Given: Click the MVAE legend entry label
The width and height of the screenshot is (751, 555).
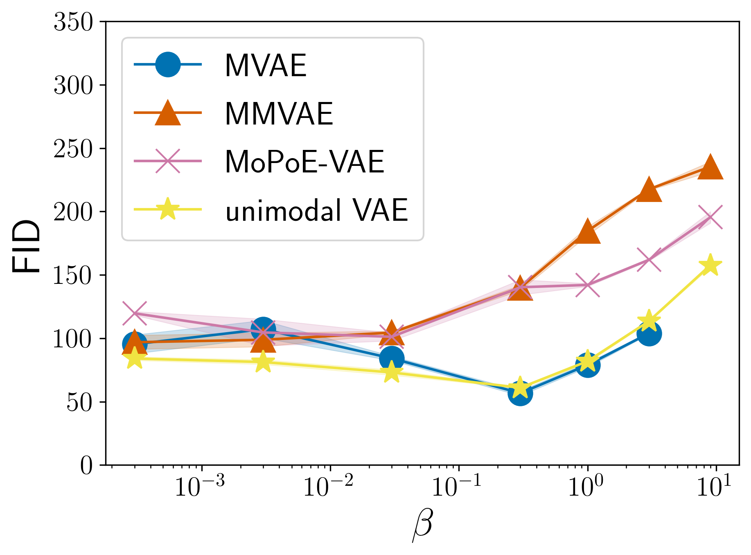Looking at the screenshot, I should point(266,66).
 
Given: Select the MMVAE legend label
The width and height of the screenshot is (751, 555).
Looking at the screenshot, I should point(279,114).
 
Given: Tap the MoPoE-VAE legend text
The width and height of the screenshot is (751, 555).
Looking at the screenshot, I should point(304,162).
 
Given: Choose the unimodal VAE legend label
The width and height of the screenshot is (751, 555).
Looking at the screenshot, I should point(316,211).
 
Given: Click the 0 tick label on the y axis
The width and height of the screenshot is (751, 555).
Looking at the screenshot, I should point(86,466).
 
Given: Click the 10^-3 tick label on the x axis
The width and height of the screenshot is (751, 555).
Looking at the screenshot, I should point(200,487).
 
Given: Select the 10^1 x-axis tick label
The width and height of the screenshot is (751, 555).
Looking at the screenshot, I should point(715,487).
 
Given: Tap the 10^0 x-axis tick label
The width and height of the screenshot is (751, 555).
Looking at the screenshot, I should point(586,487).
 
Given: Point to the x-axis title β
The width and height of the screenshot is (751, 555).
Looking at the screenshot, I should point(422,526).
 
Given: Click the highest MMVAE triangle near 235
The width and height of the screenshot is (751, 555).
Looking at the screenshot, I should point(710,168).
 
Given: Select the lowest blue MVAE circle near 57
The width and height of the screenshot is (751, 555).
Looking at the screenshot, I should point(520,393).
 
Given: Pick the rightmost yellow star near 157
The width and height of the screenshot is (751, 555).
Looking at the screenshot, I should point(710,265).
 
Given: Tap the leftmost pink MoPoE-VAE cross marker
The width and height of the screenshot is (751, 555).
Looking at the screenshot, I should point(135,313).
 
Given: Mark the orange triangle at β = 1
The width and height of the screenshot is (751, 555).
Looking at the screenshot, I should point(587,231).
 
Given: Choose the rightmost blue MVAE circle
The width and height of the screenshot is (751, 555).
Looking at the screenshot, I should point(649,334).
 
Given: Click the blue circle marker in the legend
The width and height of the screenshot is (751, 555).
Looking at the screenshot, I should point(168,64).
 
